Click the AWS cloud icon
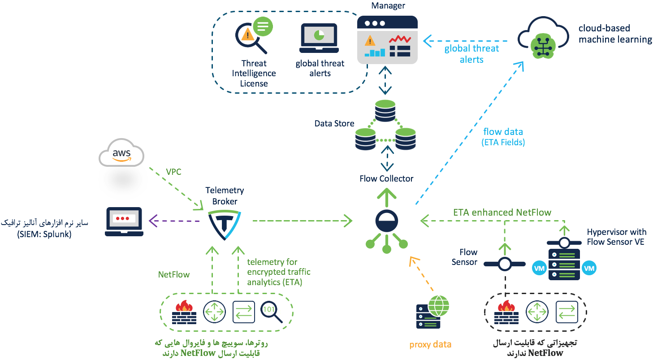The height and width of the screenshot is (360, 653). (x=121, y=153)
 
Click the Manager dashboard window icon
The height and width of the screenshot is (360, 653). (x=387, y=40)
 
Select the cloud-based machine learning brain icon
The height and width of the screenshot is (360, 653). (x=543, y=46)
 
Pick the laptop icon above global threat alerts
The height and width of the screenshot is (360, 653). (x=319, y=38)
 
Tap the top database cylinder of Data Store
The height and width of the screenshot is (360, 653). (x=385, y=110)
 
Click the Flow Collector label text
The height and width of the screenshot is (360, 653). (x=386, y=178)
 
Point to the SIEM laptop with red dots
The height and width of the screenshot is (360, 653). (x=124, y=221)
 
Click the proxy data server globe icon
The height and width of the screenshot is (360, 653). (x=432, y=312)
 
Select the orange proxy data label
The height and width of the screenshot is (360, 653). (x=430, y=345)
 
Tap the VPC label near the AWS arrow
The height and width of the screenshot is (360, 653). (x=173, y=172)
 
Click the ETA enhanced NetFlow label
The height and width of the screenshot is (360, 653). (x=502, y=212)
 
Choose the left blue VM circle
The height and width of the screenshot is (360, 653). (x=539, y=268)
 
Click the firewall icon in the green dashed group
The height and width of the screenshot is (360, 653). (x=184, y=312)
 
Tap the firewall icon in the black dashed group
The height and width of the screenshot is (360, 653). (x=506, y=312)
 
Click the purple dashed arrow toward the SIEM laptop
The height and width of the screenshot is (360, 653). (x=174, y=221)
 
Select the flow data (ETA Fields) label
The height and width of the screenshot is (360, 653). (x=503, y=137)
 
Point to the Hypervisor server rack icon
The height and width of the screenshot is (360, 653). (x=564, y=265)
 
